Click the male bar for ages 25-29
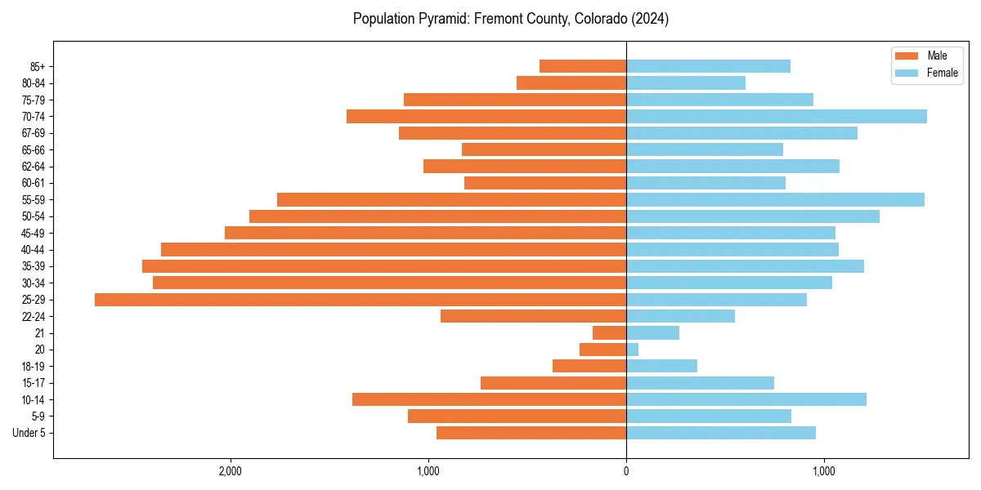pos(360,300)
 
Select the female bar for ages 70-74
pos(777,117)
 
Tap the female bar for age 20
pos(632,350)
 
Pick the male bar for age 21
pos(609,333)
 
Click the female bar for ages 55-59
pos(775,200)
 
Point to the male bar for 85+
pos(582,66)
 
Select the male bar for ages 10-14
pos(489,399)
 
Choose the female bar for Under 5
pos(721,433)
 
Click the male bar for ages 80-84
pos(571,83)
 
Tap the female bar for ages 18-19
pos(661,366)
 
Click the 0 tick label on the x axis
pos(626,471)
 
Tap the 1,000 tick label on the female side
pos(824,471)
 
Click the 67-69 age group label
pos(34,133)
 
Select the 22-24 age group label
pos(34,317)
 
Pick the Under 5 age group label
pos(29,433)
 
